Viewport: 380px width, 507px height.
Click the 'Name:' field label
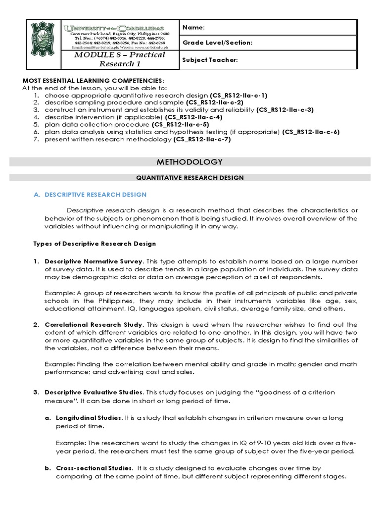click(x=193, y=27)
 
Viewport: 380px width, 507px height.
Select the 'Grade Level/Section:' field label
click(x=218, y=43)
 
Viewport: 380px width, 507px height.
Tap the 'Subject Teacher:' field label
click(x=210, y=60)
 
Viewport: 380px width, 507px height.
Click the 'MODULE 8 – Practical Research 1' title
click(x=120, y=59)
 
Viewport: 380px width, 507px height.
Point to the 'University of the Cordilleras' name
click(x=120, y=28)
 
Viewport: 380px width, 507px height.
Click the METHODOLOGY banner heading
click(x=190, y=162)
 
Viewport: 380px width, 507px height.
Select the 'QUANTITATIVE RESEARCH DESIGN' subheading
click(x=190, y=177)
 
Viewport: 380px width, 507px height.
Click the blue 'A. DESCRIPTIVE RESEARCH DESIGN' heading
click(x=90, y=195)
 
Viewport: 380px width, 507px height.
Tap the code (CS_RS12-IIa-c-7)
click(x=202, y=140)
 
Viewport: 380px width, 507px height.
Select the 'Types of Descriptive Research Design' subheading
click(x=95, y=244)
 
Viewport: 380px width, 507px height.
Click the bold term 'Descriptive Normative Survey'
click(x=94, y=261)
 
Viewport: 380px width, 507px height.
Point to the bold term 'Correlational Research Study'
click(x=94, y=325)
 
